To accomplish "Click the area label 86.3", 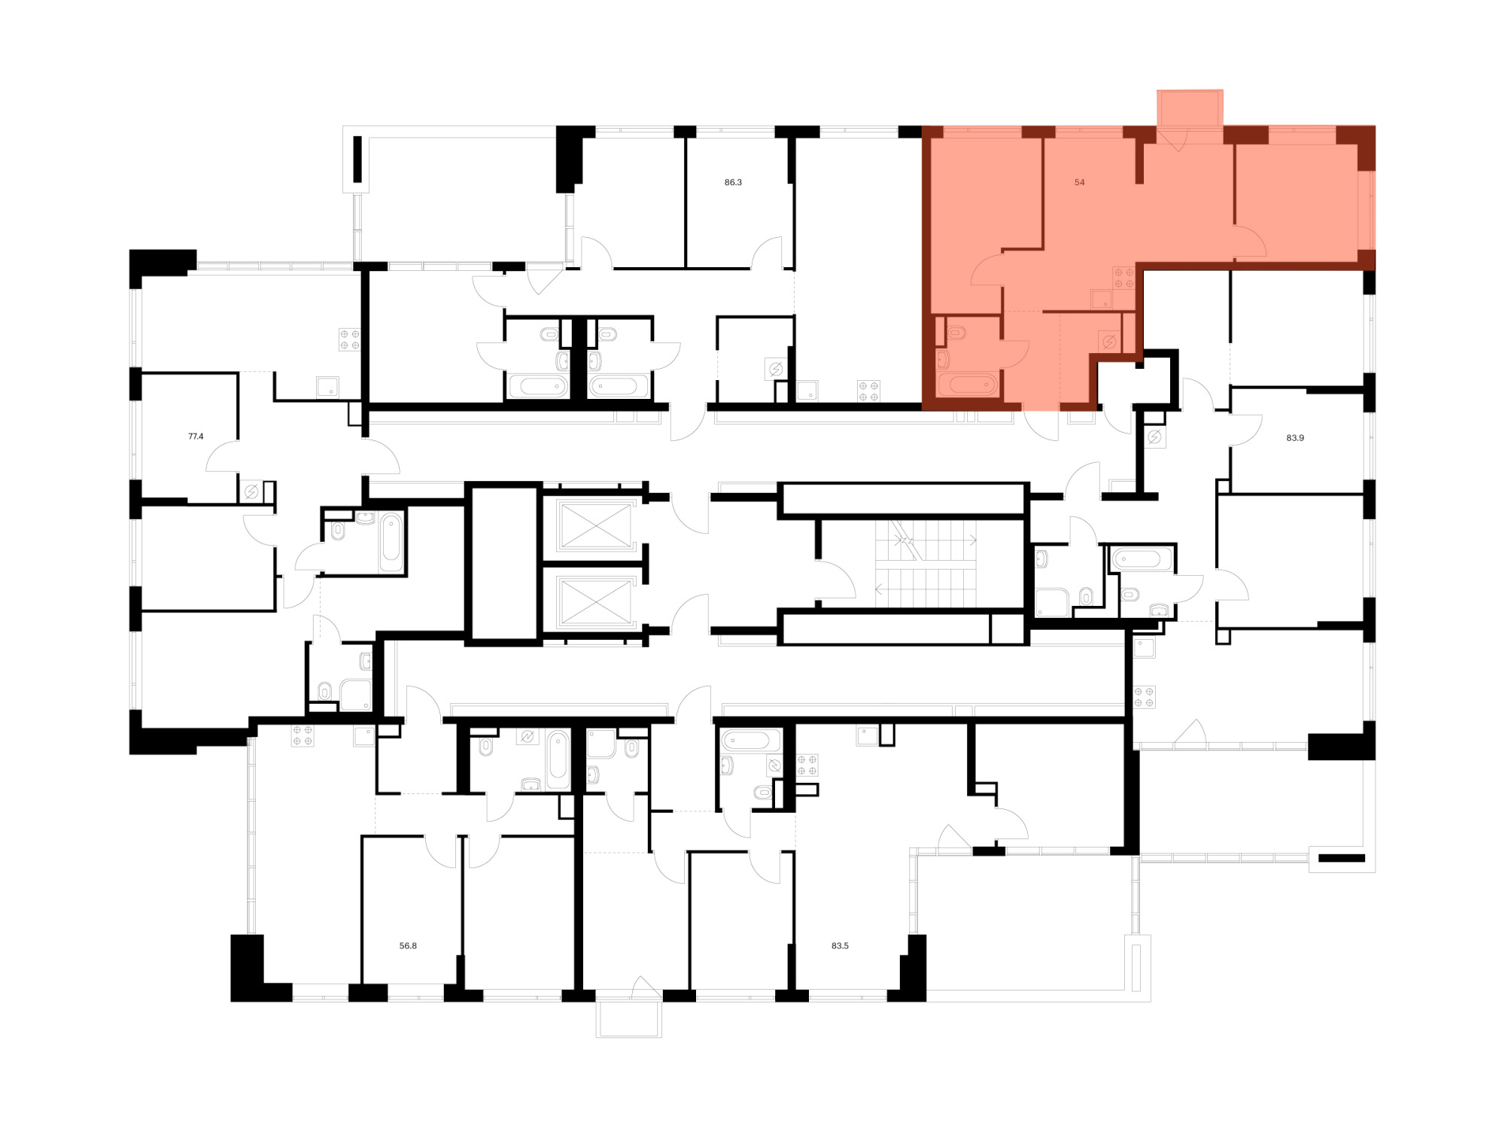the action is click(733, 182).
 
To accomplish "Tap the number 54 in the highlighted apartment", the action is click(1080, 182).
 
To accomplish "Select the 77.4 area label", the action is click(196, 436).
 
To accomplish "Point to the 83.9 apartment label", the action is click(1295, 437).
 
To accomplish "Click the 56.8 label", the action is click(408, 945).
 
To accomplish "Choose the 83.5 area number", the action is click(840, 945).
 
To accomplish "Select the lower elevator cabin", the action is click(595, 601).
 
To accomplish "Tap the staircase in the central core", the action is click(925, 564).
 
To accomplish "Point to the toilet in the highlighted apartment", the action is click(956, 331).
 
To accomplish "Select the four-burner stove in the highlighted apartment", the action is click(1124, 278).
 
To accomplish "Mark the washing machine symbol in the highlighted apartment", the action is click(1109, 342).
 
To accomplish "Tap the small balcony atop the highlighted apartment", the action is click(1190, 108).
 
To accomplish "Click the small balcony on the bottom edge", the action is click(629, 1019).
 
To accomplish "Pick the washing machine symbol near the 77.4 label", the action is click(252, 492).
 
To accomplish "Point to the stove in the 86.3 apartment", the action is click(869, 391).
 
